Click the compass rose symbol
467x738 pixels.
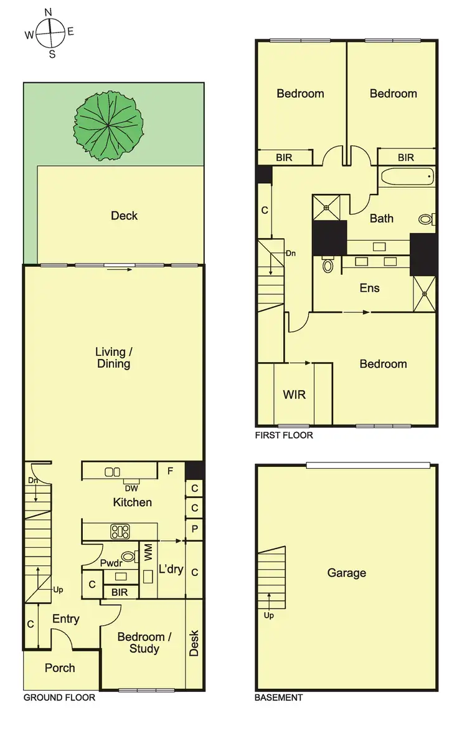pyautogui.click(x=50, y=32)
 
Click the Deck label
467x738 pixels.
pyautogui.click(x=124, y=216)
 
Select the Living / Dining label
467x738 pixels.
pyautogui.click(x=113, y=358)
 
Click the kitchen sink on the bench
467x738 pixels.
pyautogui.click(x=113, y=472)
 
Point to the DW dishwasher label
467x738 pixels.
pyautogui.click(x=131, y=488)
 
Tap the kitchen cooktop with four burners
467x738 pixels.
pyautogui.click(x=120, y=532)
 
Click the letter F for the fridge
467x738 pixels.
pyautogui.click(x=170, y=471)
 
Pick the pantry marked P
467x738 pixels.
pyautogui.click(x=195, y=529)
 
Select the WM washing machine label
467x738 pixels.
pyautogui.click(x=148, y=553)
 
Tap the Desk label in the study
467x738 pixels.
pyautogui.click(x=194, y=643)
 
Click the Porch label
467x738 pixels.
pyautogui.click(x=60, y=668)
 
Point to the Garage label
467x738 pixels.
pyautogui.click(x=347, y=573)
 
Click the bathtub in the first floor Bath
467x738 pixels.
pyautogui.click(x=406, y=177)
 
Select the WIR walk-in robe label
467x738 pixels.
pyautogui.click(x=294, y=395)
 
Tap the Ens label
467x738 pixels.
pyautogui.click(x=369, y=288)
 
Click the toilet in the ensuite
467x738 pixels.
pyautogui.click(x=328, y=266)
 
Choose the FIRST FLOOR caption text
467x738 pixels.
pyautogui.click(x=284, y=435)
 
